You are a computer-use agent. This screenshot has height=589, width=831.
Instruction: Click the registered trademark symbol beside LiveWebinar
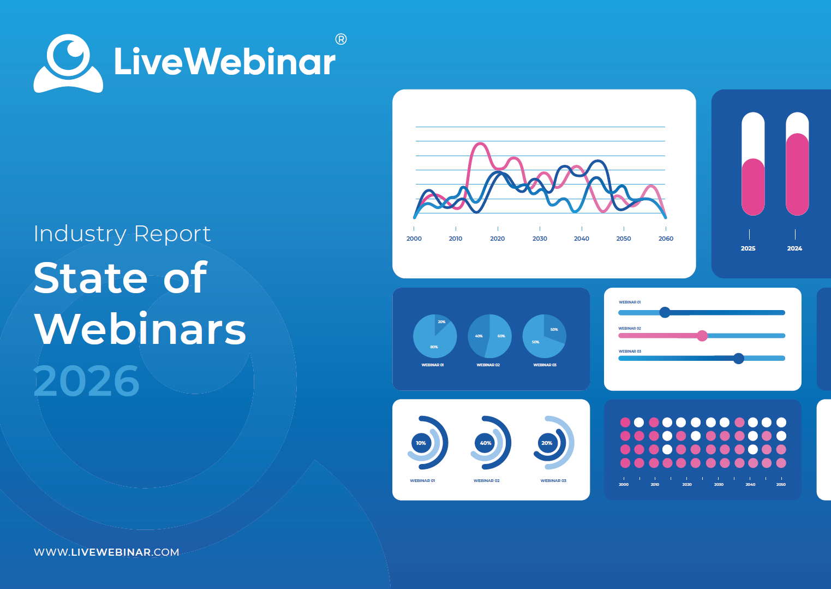[x=341, y=39]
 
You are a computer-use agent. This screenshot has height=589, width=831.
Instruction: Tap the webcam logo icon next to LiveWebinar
[x=68, y=63]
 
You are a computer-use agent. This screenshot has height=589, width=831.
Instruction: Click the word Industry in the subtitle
[x=80, y=234]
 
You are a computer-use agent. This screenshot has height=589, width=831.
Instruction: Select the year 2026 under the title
[x=86, y=380]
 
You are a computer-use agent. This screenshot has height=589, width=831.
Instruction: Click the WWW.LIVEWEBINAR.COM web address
[x=106, y=552]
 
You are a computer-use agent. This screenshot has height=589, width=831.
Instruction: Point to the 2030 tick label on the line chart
[x=540, y=239]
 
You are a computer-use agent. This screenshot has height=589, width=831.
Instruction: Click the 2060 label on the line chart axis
[x=666, y=239]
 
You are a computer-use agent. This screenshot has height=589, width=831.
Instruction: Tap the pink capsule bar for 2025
[x=753, y=187]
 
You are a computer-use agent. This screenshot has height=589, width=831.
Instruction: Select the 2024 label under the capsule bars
[x=794, y=248]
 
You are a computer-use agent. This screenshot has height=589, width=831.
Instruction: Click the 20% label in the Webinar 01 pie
[x=441, y=322]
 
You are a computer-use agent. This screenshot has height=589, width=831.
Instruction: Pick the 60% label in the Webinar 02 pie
[x=501, y=336]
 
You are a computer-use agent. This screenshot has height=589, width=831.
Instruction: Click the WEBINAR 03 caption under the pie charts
[x=545, y=365]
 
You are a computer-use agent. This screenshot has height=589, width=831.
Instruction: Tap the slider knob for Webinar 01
[x=665, y=312]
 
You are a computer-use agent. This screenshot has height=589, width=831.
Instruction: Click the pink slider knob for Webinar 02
[x=702, y=336]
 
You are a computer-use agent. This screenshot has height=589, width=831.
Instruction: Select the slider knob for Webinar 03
[x=739, y=359]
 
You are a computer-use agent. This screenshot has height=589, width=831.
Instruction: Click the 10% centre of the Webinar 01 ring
[x=421, y=443]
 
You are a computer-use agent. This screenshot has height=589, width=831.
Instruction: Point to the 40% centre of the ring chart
[x=486, y=443]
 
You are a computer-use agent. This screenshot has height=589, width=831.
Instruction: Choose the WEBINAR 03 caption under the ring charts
[x=553, y=480]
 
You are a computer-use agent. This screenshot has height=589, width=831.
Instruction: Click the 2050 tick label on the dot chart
[x=781, y=484]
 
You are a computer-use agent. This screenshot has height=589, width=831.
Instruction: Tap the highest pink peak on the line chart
[x=480, y=143]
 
